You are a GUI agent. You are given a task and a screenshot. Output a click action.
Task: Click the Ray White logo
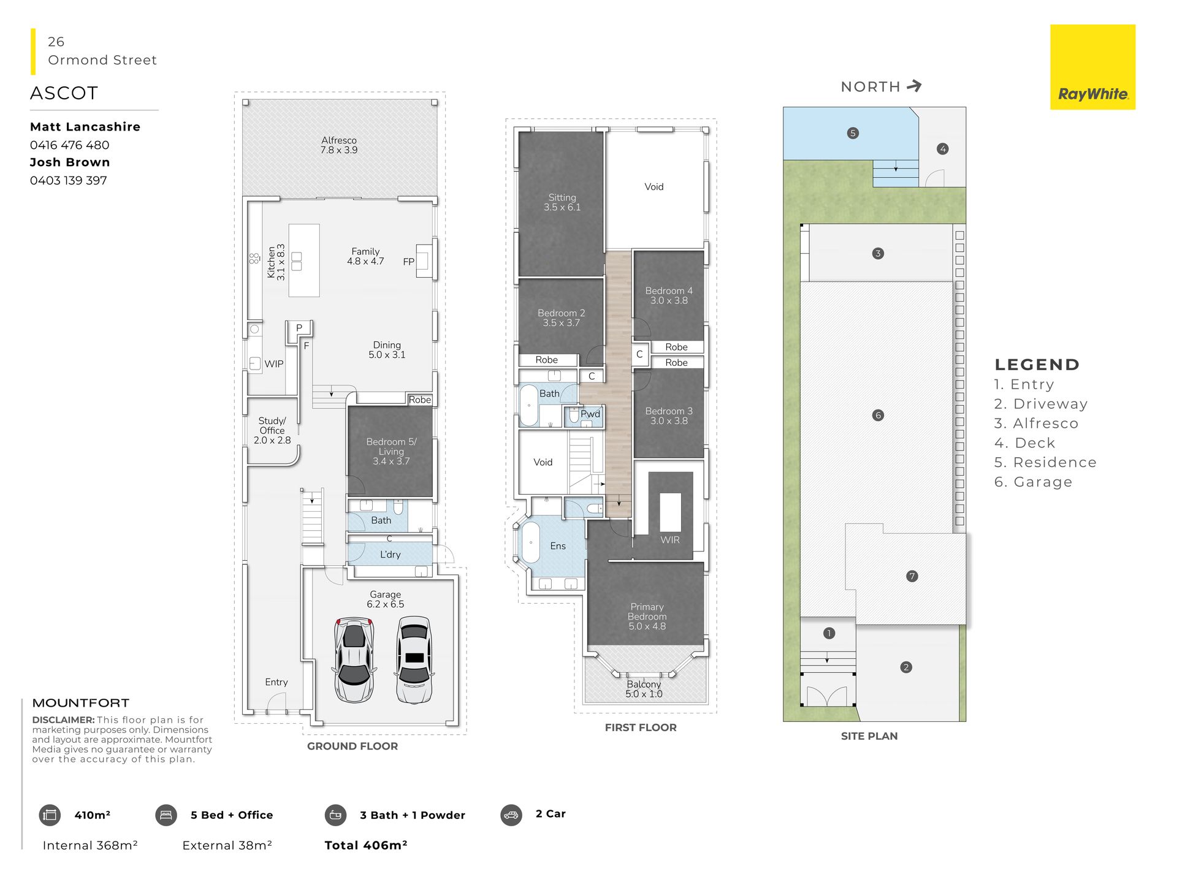tap(1092, 67)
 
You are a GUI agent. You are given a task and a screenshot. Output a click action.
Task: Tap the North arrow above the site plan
tap(914, 86)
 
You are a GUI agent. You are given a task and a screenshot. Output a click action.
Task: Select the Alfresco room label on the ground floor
tap(339, 145)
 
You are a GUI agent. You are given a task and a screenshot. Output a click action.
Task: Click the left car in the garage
tap(354, 659)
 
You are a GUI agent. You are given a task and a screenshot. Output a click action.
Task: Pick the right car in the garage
tap(414, 659)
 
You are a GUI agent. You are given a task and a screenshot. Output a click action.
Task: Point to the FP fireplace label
tap(409, 262)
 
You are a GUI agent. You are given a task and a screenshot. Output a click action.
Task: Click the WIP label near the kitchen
tap(274, 364)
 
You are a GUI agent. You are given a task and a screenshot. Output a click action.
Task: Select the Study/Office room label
tap(272, 430)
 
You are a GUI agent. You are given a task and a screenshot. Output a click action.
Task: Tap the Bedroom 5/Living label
tap(391, 451)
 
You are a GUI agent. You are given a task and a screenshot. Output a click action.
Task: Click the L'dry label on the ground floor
tap(390, 555)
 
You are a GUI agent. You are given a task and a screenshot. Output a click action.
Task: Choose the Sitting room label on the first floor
tap(562, 202)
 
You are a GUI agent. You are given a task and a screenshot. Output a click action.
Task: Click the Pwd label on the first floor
tap(590, 414)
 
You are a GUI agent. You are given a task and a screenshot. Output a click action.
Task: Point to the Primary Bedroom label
tap(647, 617)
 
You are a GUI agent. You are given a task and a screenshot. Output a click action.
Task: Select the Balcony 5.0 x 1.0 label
tap(644, 689)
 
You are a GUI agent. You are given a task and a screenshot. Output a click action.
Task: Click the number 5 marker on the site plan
tap(853, 133)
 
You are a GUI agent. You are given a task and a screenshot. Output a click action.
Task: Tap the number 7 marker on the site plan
tap(912, 576)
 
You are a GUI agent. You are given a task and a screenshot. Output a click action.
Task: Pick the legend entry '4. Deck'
tap(1024, 443)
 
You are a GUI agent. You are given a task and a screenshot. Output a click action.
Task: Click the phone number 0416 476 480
tap(69, 145)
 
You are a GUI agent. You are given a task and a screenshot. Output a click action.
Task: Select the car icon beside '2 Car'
tap(511, 815)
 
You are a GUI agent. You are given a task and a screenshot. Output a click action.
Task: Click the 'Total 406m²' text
tap(366, 845)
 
